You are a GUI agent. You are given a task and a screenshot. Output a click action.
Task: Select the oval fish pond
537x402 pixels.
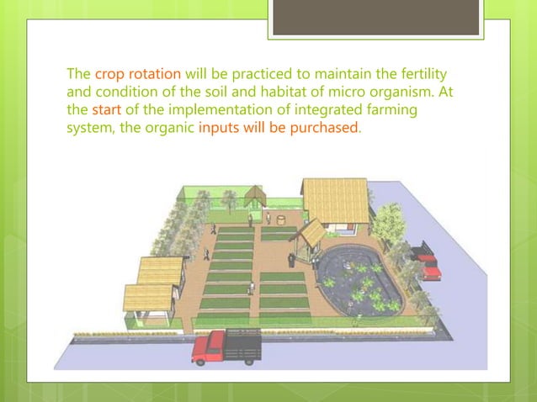click(359, 278)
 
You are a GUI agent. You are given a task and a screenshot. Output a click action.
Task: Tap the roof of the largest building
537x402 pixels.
click(334, 200)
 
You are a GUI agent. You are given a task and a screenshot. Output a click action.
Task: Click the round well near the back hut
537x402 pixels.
click(268, 219)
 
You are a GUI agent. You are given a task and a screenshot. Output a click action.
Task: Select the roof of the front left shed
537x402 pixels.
click(148, 297)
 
